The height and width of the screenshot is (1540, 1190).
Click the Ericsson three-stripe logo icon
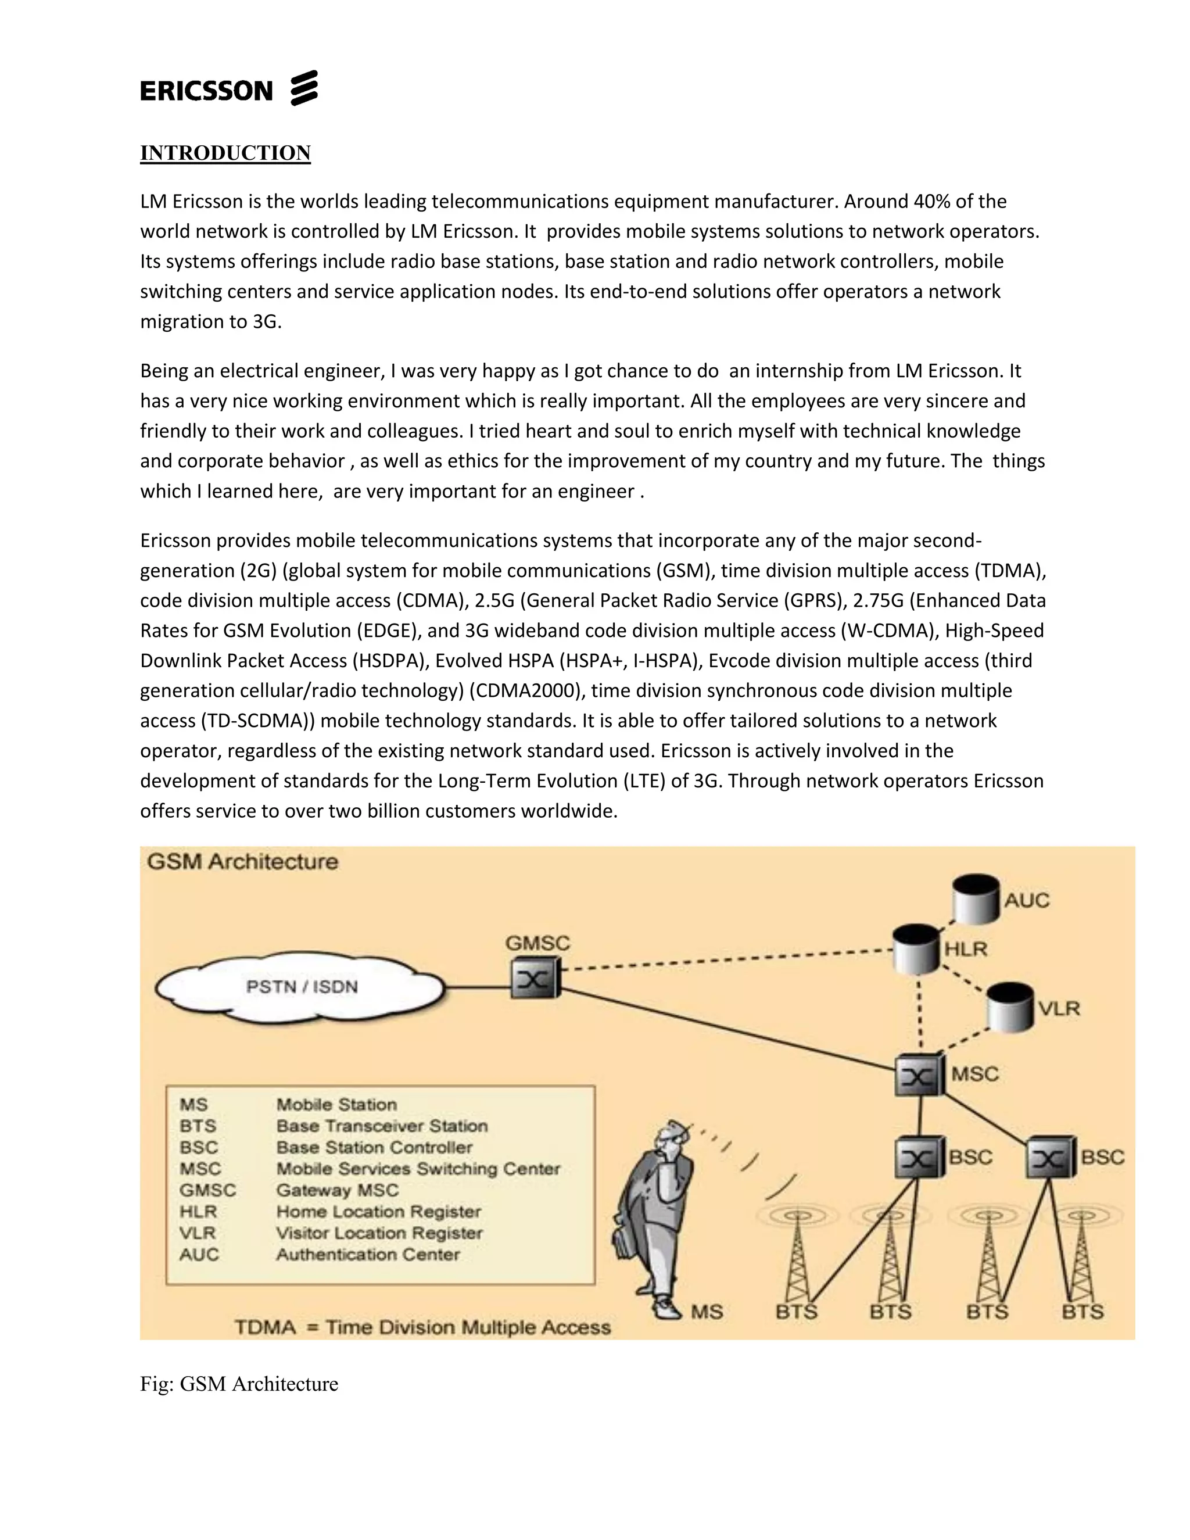coord(304,88)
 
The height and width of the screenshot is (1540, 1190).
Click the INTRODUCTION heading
coord(225,153)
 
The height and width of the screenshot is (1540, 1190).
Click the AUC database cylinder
coord(975,899)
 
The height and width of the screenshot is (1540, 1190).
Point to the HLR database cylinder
coord(916,948)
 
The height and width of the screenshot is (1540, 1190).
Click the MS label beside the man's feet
coord(707,1312)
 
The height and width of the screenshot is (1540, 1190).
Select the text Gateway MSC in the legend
coord(337,1190)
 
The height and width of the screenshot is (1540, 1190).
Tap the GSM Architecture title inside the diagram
coord(242,862)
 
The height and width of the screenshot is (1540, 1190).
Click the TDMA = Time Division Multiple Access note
coord(422,1327)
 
